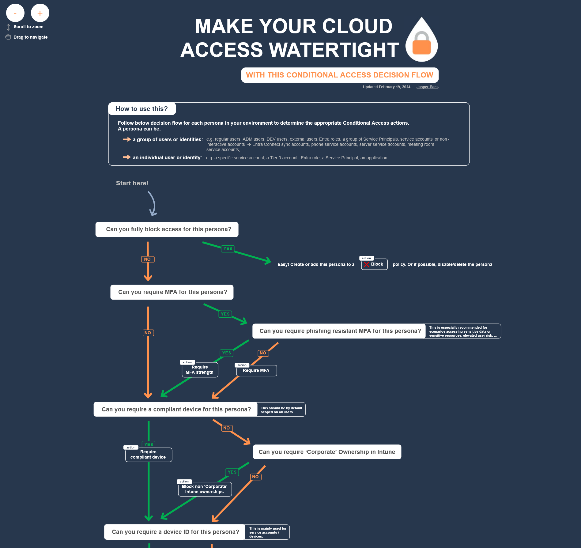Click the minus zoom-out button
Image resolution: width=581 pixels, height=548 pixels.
15,13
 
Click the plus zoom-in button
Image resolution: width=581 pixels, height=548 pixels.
40,13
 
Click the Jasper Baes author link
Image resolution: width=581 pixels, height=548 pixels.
427,87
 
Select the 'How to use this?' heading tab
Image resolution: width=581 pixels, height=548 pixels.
142,109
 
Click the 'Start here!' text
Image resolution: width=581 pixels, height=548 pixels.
132,183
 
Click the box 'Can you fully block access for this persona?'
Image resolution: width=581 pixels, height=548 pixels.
167,229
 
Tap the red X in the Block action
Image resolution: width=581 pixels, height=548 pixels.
366,264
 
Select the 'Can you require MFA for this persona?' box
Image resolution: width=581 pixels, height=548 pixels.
172,292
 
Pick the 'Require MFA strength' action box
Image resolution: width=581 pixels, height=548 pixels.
200,370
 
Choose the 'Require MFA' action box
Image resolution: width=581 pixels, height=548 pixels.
256,371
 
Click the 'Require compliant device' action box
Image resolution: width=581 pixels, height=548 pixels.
149,455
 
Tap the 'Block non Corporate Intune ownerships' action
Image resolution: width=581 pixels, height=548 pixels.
205,489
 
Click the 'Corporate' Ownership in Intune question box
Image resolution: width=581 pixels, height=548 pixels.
327,452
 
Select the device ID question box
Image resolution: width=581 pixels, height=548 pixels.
175,532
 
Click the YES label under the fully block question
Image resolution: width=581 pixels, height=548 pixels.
228,248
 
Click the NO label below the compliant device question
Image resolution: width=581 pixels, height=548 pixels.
226,428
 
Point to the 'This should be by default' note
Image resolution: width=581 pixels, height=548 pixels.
281,410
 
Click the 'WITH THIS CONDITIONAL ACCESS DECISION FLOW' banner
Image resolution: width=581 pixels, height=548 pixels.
340,75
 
